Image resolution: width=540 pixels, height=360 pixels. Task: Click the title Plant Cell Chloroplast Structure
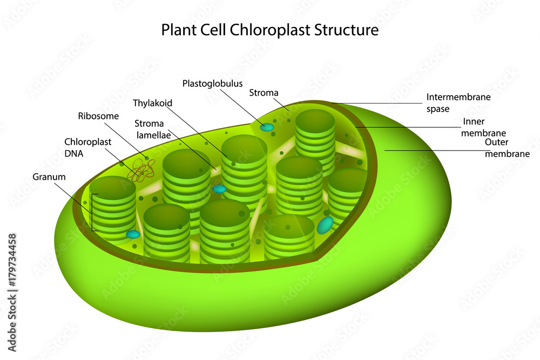(269, 30)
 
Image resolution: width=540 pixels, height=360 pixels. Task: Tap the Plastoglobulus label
(212, 84)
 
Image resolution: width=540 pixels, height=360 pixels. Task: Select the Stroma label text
(264, 93)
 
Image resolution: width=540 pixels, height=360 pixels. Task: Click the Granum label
(49, 176)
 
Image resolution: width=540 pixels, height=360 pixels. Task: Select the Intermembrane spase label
(458, 103)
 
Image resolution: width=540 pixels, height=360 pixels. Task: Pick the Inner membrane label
(484, 127)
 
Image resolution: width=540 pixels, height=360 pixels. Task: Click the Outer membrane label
(507, 148)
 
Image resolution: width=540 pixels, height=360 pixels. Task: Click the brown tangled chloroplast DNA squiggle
(140, 171)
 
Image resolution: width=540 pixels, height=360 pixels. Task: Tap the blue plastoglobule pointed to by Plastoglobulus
(267, 127)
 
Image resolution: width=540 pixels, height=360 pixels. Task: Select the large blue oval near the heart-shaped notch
(325, 225)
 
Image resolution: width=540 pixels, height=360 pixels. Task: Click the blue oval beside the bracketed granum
(133, 234)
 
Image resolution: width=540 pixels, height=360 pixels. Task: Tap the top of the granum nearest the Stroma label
(315, 120)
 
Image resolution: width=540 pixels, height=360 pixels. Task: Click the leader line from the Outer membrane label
(432, 151)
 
